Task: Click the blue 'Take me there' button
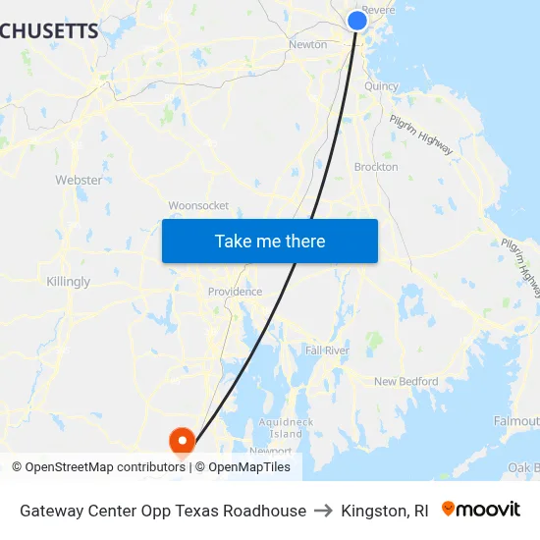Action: [x=270, y=241]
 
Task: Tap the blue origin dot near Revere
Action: [x=357, y=20]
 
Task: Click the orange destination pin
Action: [x=182, y=442]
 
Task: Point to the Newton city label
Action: [x=307, y=44]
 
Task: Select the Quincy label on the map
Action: [x=381, y=85]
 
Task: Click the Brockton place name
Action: [x=376, y=167]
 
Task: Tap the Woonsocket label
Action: [x=198, y=205]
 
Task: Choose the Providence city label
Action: [x=235, y=292]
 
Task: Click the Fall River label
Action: [x=327, y=351]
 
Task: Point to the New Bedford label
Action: [x=405, y=382]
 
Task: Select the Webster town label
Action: [x=79, y=180]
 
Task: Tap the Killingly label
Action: [x=68, y=282]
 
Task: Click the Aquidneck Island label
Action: [x=286, y=427]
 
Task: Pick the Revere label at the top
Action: [x=379, y=10]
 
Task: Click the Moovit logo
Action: [x=481, y=510]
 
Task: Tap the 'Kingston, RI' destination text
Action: [x=385, y=511]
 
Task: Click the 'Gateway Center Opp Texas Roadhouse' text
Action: [x=163, y=511]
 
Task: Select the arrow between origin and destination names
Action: [x=324, y=511]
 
